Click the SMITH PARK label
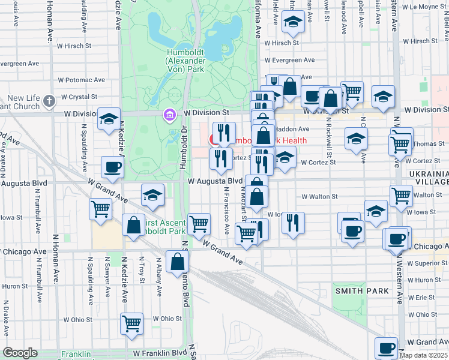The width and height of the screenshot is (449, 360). tap(362, 291)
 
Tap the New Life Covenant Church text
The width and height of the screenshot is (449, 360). tap(23, 102)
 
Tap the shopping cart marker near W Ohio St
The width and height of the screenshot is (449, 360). tap(132, 323)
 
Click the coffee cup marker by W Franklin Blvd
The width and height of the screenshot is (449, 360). tap(386, 347)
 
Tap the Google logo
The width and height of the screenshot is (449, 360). tap(20, 353)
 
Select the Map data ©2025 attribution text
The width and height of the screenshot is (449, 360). tap(424, 355)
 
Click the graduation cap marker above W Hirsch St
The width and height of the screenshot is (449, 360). tap(293, 22)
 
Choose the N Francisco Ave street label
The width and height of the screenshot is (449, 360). tap(227, 210)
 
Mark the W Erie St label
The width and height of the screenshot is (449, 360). tap(424, 297)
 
